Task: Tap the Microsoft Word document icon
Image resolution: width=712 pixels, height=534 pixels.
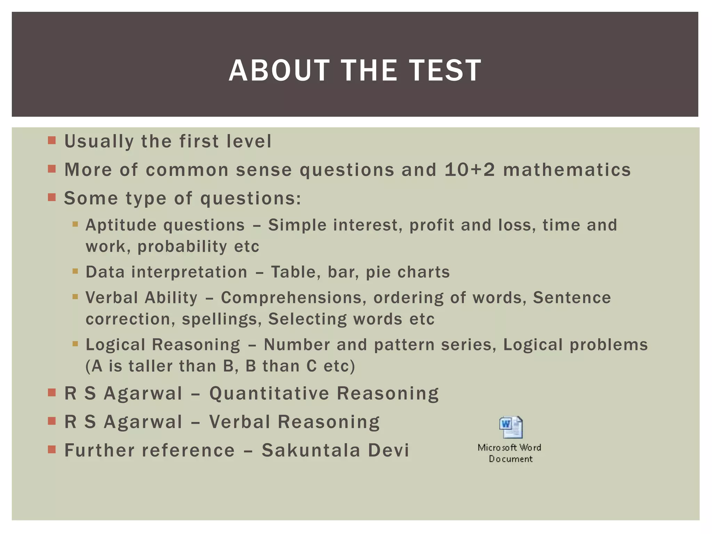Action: point(511,427)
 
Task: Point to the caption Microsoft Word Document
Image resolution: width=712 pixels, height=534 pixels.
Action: point(510,453)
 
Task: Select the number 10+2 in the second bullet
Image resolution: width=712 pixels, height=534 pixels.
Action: point(469,170)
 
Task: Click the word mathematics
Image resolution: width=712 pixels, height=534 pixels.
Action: point(567,170)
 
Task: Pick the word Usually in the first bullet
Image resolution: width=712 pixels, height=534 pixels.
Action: point(99,142)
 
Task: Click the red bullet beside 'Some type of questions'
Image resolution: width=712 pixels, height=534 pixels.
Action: point(52,197)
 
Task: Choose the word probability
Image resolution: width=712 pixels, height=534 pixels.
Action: point(182,247)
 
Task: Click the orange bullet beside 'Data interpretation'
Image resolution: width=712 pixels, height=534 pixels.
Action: point(75,271)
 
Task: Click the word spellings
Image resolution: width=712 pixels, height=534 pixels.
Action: point(221,319)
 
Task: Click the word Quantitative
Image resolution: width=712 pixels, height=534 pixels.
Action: point(269,394)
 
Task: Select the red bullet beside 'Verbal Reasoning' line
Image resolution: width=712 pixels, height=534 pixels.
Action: point(52,421)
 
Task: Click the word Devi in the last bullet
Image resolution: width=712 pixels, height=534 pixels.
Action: point(388,450)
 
